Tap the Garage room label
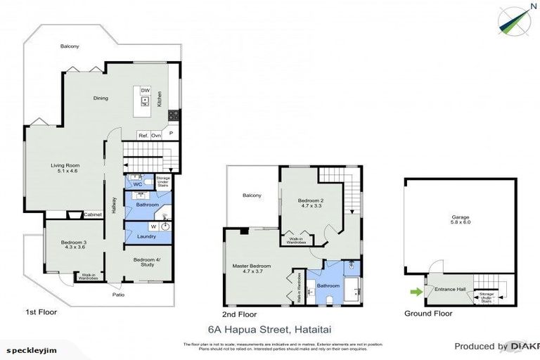click(460, 220)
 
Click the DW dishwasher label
click(145, 91)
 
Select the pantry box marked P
click(170, 132)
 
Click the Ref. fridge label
click(143, 135)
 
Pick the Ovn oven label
click(156, 135)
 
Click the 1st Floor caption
click(41, 311)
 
